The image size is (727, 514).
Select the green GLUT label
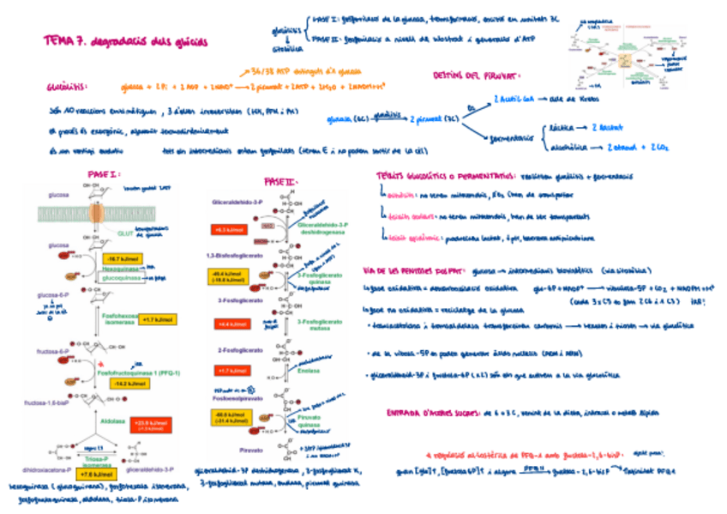tap(126, 233)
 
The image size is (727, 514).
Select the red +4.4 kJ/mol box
tap(230, 324)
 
